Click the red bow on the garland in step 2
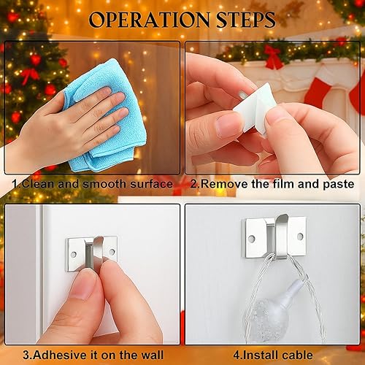(274, 56)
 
